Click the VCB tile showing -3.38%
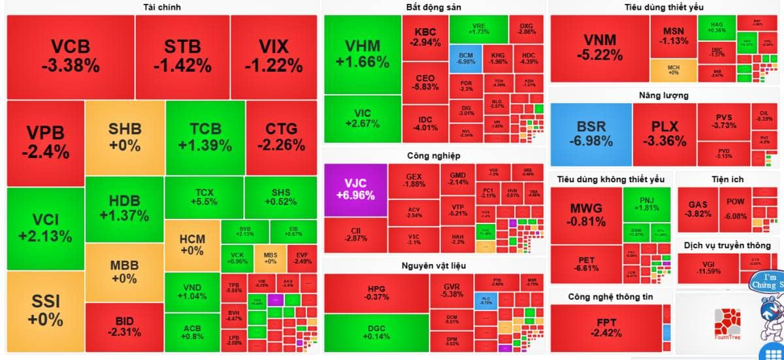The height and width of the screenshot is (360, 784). [x=71, y=56]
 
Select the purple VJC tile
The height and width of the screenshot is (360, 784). [x=355, y=190]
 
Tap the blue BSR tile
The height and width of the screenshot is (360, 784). [x=591, y=134]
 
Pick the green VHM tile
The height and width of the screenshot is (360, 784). [x=363, y=55]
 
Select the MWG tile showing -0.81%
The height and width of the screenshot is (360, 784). [x=585, y=215]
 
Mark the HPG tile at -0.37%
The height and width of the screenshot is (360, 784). [x=376, y=293]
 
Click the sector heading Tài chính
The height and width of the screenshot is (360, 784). [x=161, y=7]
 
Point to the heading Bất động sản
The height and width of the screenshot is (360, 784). [x=434, y=7]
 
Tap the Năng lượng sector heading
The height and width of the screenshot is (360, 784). [x=663, y=95]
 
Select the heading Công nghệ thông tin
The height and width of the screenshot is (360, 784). [x=610, y=297]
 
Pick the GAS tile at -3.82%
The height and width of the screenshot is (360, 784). [x=698, y=209]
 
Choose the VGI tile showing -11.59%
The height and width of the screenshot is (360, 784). [x=708, y=268]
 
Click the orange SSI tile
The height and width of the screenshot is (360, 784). [x=45, y=310]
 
